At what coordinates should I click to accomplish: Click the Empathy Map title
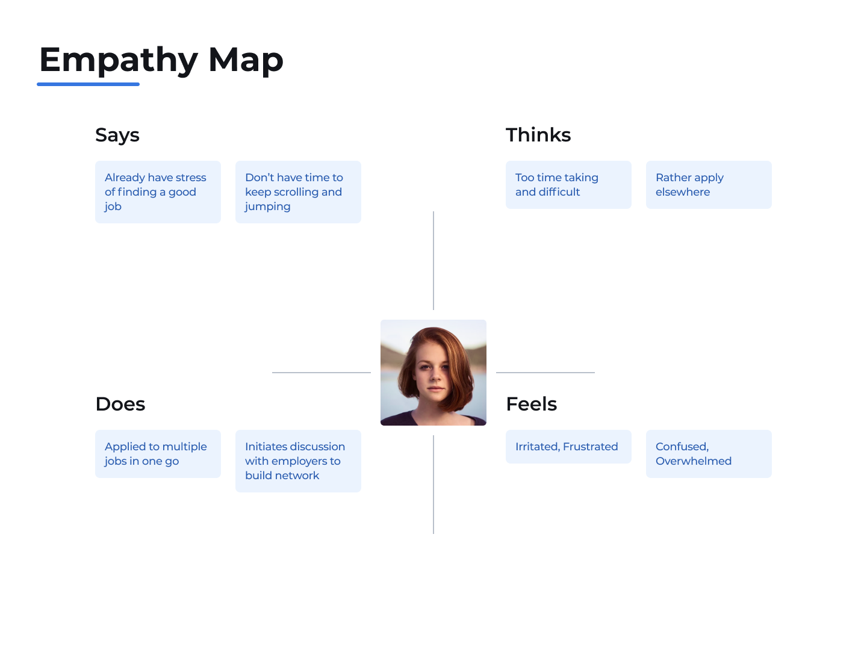[161, 60]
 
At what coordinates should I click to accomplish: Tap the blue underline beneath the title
[88, 84]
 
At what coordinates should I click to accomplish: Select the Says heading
[117, 135]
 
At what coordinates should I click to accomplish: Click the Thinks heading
[538, 135]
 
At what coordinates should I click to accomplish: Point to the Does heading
[120, 404]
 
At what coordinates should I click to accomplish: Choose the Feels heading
[532, 404]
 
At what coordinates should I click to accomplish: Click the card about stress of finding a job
[158, 192]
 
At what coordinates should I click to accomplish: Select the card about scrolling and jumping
[298, 192]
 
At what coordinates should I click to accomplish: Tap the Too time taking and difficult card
[568, 185]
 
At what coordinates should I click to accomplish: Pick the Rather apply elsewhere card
[709, 185]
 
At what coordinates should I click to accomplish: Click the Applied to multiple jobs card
[158, 454]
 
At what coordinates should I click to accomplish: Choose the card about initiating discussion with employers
[298, 461]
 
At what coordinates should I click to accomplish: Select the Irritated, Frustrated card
[568, 447]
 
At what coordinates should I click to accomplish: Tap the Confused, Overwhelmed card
[709, 454]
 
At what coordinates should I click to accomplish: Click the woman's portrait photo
[433, 373]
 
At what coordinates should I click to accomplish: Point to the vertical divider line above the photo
[433, 261]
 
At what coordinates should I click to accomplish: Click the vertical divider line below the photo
[433, 485]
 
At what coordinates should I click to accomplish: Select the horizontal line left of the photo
[322, 373]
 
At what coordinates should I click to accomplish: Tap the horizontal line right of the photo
[545, 373]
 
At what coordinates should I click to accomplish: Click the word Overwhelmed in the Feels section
[694, 461]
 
